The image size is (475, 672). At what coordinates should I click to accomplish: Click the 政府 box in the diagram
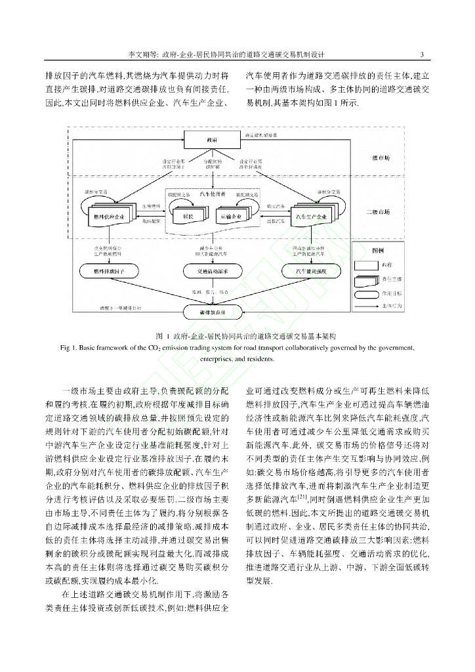click(211, 140)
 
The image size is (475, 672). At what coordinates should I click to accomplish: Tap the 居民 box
click(188, 215)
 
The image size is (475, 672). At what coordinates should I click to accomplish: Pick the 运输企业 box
click(231, 215)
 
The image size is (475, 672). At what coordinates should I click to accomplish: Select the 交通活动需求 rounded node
click(211, 270)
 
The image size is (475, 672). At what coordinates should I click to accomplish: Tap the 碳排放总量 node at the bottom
click(211, 312)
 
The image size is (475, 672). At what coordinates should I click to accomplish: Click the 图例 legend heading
click(378, 251)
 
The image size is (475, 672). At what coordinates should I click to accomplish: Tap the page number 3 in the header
click(422, 54)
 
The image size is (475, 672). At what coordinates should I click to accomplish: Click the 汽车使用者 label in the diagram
click(212, 195)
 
